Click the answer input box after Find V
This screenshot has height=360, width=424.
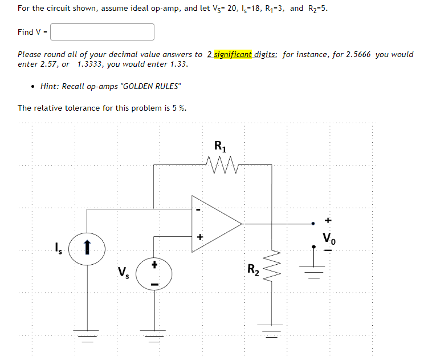click(103, 32)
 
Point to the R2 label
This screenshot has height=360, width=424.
click(254, 269)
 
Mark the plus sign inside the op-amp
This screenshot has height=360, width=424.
click(199, 236)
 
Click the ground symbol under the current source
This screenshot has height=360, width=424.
click(87, 333)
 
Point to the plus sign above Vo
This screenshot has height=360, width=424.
click(328, 220)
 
